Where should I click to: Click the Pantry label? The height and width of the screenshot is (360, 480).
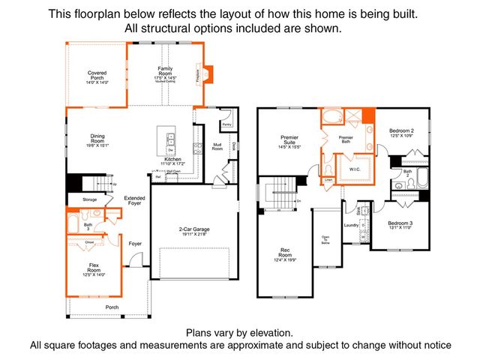click(226, 125)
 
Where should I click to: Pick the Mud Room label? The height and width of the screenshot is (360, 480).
click(217, 147)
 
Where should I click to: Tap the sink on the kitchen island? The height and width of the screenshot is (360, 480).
click(169, 139)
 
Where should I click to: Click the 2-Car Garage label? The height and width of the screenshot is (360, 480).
click(193, 231)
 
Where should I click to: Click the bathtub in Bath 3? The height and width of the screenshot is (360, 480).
click(73, 223)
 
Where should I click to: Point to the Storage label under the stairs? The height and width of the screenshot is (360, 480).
click(90, 199)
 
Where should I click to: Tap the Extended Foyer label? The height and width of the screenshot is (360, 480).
click(134, 200)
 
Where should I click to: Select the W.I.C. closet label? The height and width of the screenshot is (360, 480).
click(355, 168)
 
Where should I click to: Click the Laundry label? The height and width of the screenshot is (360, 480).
click(349, 223)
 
